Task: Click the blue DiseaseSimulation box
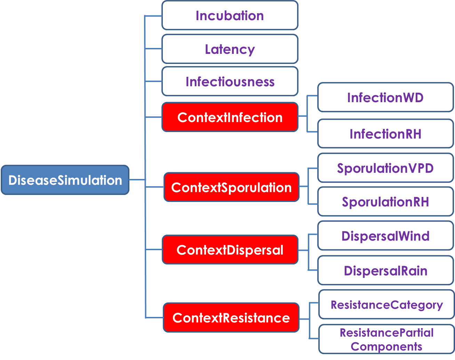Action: point(65,180)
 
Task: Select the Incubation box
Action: point(230,15)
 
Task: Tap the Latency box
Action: point(230,49)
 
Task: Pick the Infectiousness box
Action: point(230,81)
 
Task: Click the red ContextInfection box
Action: point(230,117)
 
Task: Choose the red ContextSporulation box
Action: point(232,187)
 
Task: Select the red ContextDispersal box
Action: point(230,249)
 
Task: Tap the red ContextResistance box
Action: point(231,317)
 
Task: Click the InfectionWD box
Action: point(385,97)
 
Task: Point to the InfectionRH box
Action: point(385,133)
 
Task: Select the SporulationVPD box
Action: point(385,168)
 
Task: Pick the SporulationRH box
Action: point(385,202)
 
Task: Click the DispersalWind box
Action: point(385,236)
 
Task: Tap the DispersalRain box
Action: point(385,270)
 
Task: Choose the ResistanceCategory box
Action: point(386,304)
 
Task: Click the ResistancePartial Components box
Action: point(386,339)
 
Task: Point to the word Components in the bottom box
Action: point(386,346)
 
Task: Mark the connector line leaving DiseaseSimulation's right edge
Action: point(137,180)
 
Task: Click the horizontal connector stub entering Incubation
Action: point(153,16)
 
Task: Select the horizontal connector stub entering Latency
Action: point(153,49)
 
